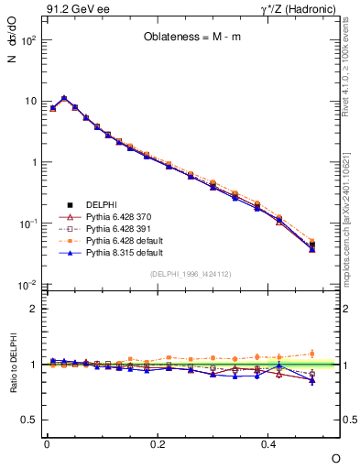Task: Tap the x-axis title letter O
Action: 335,457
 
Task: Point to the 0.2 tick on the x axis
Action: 158,442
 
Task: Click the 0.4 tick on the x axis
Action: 269,442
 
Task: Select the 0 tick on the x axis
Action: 47,442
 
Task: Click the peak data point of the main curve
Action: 64,98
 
